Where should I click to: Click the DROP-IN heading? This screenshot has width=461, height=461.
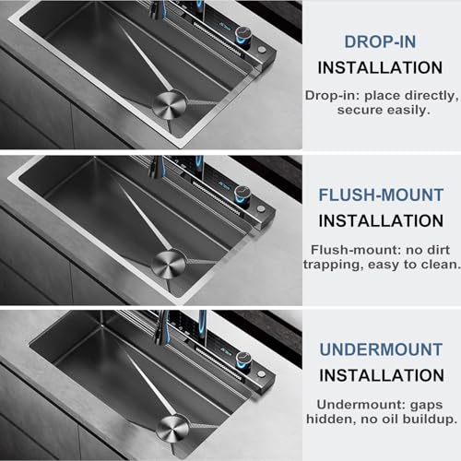point(380,41)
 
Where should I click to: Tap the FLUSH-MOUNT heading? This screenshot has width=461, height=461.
point(381,195)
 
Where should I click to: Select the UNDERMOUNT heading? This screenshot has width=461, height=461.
point(381,349)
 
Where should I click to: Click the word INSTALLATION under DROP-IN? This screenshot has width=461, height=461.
point(380,68)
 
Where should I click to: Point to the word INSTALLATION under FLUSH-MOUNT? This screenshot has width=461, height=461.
point(381,221)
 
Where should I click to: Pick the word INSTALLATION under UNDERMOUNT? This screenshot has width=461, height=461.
point(382,375)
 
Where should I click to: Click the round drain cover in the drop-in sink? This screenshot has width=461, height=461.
point(170,104)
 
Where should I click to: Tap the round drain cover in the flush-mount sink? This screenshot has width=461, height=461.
point(169,264)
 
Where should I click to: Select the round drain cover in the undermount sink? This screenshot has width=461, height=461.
point(171,428)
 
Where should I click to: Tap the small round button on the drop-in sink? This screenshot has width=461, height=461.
point(262,50)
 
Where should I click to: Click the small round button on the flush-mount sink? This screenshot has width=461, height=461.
point(261,208)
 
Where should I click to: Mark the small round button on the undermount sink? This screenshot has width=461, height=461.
point(262,374)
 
